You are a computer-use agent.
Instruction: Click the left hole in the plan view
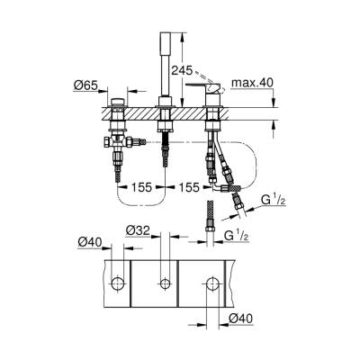(118, 285)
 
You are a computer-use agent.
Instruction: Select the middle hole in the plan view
(165, 285)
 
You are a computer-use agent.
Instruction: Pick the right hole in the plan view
(212, 285)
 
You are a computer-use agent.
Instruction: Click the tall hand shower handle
(165, 54)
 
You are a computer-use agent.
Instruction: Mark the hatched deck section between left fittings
(140, 115)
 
